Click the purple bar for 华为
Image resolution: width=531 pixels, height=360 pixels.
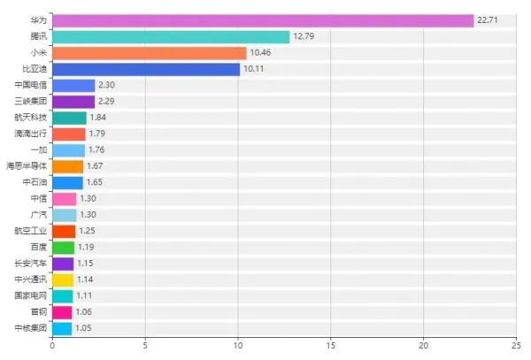pos(263,20)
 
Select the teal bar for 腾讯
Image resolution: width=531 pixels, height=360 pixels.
pos(171,36)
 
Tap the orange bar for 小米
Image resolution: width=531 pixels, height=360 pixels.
pos(149,53)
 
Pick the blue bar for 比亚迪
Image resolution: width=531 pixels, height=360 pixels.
pos(146,69)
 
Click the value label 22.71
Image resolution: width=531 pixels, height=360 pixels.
pos(489,20)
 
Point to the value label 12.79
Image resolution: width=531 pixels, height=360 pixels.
pos(304,36)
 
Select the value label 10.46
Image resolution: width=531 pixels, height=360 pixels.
pos(261,53)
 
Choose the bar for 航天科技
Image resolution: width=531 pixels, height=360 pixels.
pos(69,118)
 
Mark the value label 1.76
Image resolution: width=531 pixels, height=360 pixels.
pos(96,150)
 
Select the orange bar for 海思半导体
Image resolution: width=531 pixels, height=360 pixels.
pos(67,166)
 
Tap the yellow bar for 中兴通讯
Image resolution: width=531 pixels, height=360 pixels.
pos(63,280)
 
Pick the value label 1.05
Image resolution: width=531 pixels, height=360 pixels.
pos(83,328)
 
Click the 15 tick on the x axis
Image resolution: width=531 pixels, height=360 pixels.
pos(330,346)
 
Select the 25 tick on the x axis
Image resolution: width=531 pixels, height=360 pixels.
pos(515,346)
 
